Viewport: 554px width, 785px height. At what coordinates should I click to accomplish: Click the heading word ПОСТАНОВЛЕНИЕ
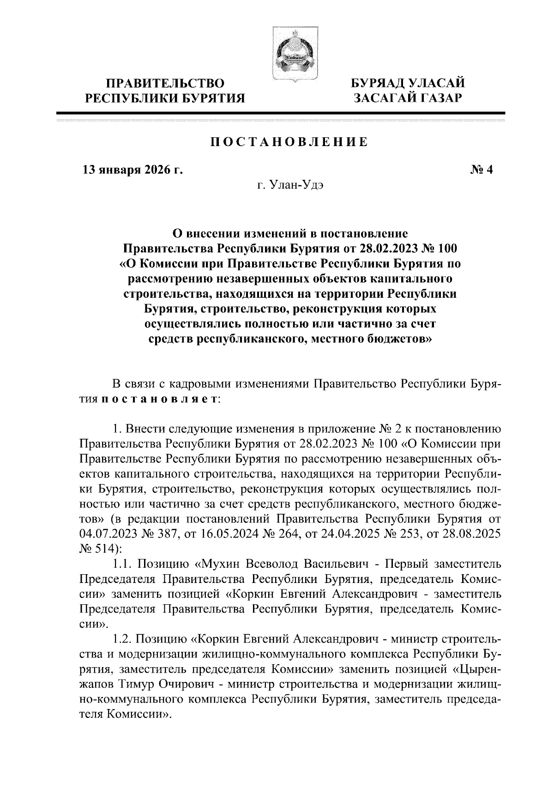coord(289,142)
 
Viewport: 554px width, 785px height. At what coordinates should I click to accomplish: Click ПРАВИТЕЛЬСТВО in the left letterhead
coord(166,84)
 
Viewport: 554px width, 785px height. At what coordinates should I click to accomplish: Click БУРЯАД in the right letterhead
coord(377,84)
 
